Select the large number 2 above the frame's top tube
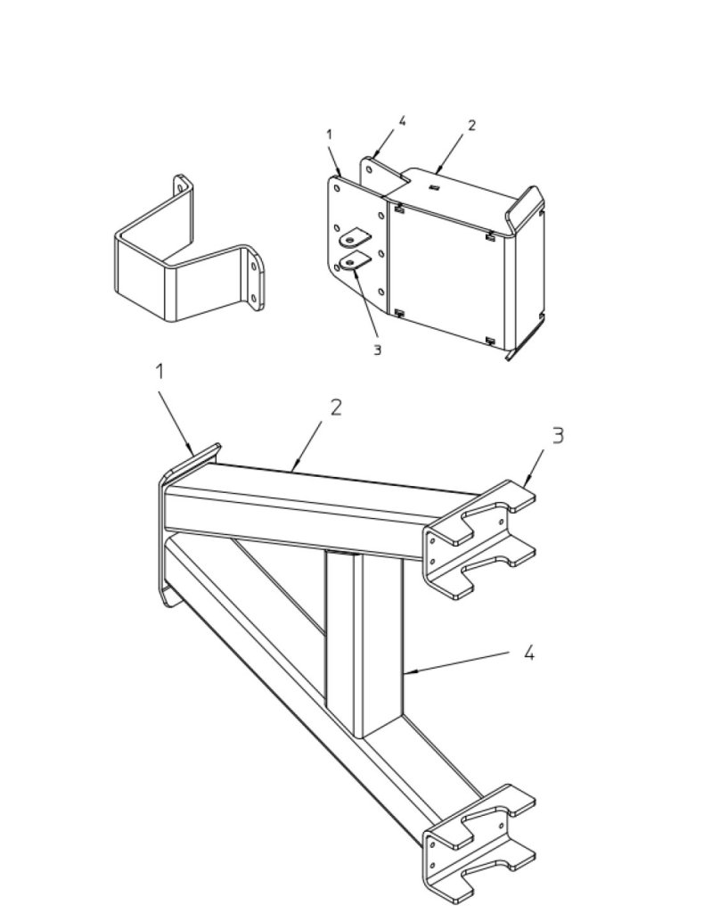click(335, 407)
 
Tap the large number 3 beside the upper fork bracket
click(558, 435)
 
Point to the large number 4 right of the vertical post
click(528, 654)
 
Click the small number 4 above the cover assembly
click(402, 120)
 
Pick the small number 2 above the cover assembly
click(471, 125)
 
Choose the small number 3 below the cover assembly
click(377, 350)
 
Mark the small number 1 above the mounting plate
click(330, 135)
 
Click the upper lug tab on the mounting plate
click(355, 237)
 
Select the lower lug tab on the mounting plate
click(355, 261)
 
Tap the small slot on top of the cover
click(434, 187)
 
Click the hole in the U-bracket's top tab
click(183, 187)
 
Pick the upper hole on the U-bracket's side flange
click(253, 267)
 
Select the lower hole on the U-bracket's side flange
click(253, 298)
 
